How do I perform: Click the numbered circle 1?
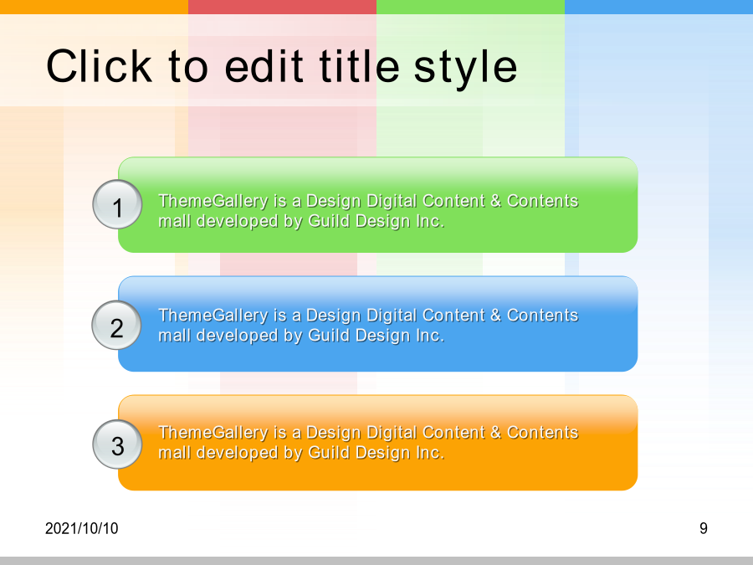[117, 204]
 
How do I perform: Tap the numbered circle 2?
[116, 325]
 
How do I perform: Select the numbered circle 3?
[117, 444]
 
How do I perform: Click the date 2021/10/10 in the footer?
[82, 528]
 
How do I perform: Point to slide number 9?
[704, 528]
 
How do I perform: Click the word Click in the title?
[99, 66]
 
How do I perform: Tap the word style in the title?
[465, 69]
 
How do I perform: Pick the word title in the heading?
[359, 66]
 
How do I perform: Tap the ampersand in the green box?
[495, 201]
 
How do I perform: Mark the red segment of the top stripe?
[283, 7]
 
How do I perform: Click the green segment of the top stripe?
[470, 7]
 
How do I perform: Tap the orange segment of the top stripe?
[94, 7]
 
